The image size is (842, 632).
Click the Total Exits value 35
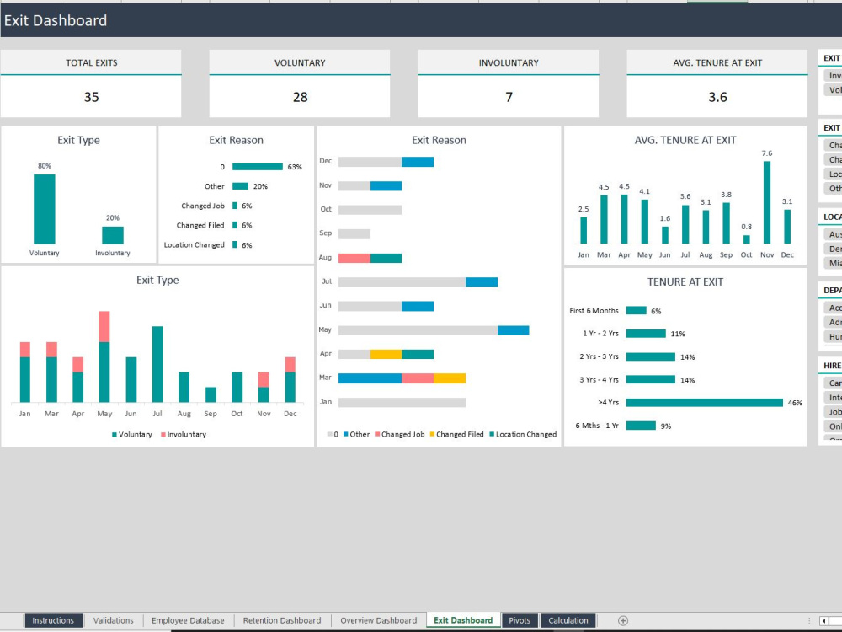91,97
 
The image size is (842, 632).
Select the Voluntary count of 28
300,97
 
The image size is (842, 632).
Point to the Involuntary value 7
509,97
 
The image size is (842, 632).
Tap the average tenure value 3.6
717,97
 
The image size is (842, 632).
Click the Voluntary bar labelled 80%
45,209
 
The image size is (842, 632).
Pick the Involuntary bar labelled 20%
113,235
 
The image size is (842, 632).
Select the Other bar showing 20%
240,186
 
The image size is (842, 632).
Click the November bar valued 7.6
767,202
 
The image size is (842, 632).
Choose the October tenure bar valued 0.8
747,239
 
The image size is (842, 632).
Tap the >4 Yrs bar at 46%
704,403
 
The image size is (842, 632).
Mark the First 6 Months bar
636,311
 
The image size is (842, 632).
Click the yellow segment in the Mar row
450,378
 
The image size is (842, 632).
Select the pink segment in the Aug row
354,258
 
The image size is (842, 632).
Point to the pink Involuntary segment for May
104,326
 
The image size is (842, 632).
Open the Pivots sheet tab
520,620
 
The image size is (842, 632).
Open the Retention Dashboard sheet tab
282,620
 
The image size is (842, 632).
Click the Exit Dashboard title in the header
56,20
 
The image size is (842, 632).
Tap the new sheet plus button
623,620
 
